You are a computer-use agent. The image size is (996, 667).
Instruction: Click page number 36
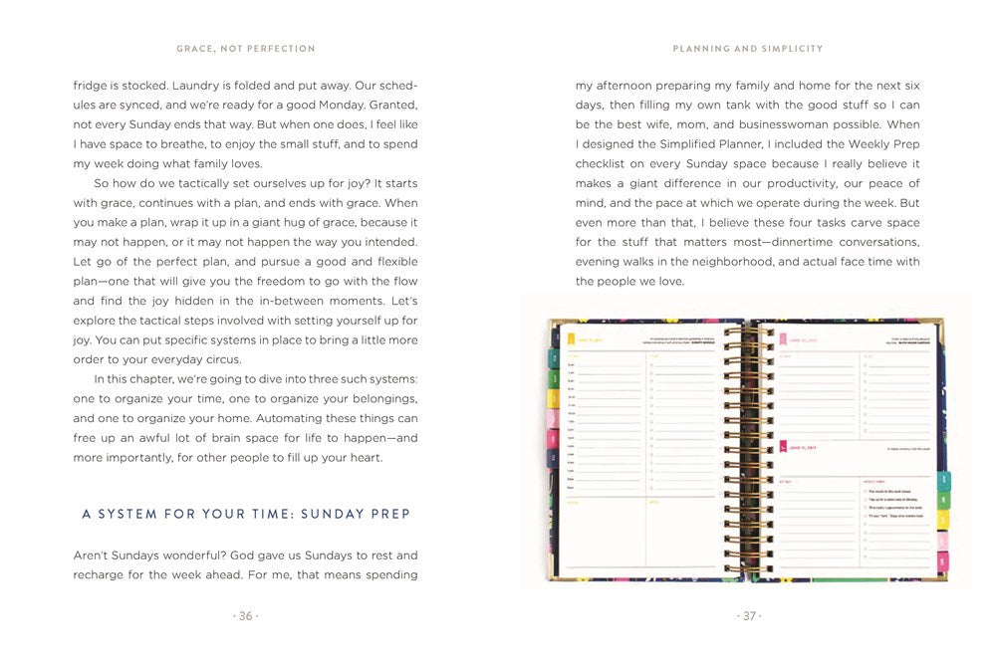pos(245,616)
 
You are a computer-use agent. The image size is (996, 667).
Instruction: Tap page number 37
pos(748,616)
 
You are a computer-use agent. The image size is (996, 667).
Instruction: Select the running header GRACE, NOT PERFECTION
pos(246,48)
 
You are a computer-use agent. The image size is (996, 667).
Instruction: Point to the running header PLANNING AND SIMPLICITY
pos(748,48)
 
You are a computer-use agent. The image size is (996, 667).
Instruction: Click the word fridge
pos(90,86)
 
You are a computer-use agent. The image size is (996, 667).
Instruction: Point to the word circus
pos(221,359)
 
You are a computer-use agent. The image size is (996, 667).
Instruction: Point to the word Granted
pos(391,106)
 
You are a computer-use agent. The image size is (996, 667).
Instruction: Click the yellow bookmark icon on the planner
pos(572,339)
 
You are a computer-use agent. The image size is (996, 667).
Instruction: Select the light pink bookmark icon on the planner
pos(782,446)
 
